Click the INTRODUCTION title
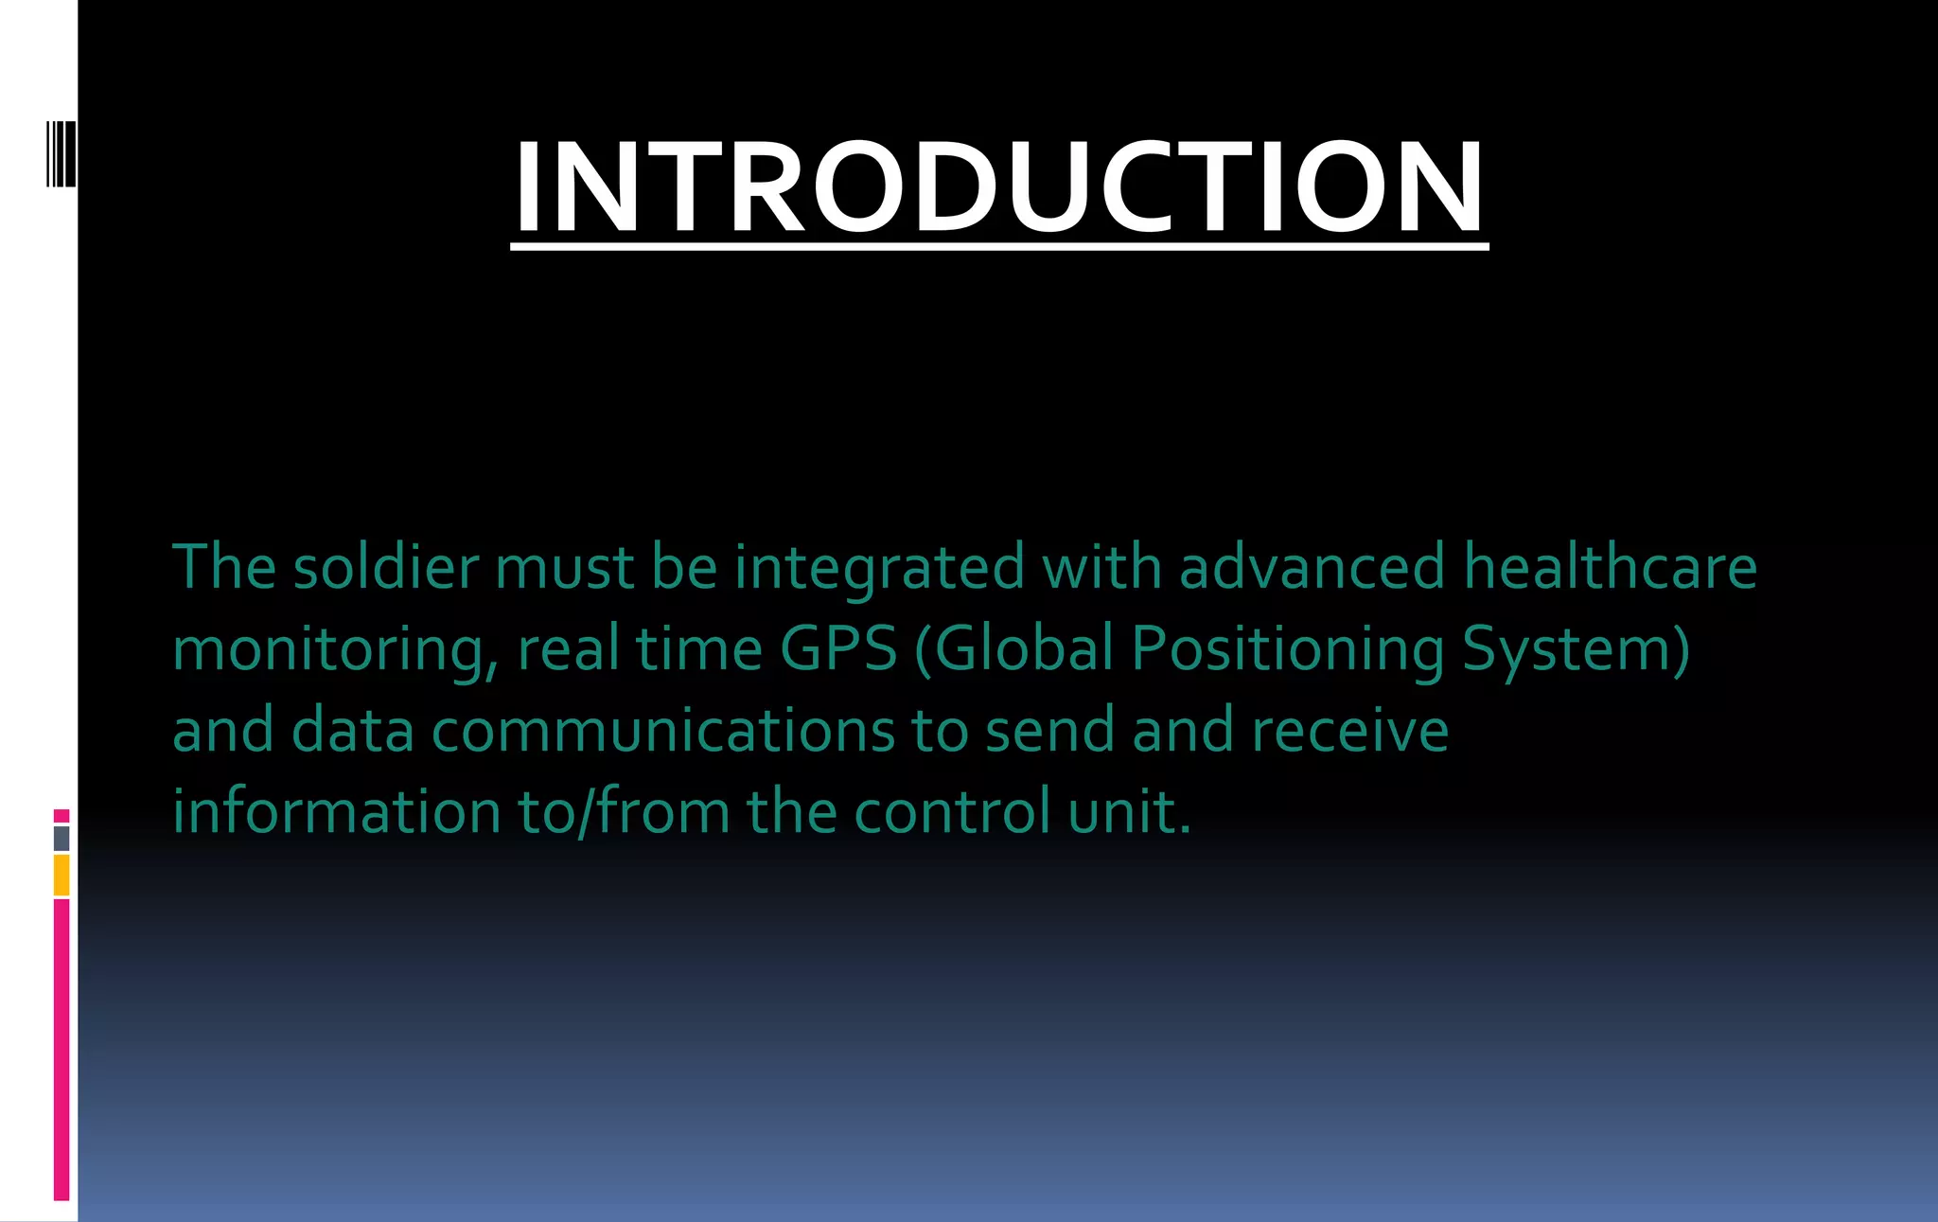(x=999, y=186)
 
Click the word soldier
(x=386, y=568)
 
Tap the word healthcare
(x=1610, y=568)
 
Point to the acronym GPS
(x=838, y=649)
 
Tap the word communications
(x=663, y=732)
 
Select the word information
(x=336, y=812)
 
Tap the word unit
(x=1128, y=812)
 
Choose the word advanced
(x=1312, y=568)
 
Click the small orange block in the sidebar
(x=62, y=875)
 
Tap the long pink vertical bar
(x=62, y=1049)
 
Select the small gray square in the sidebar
(x=62, y=838)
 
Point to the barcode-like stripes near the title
(x=62, y=153)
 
